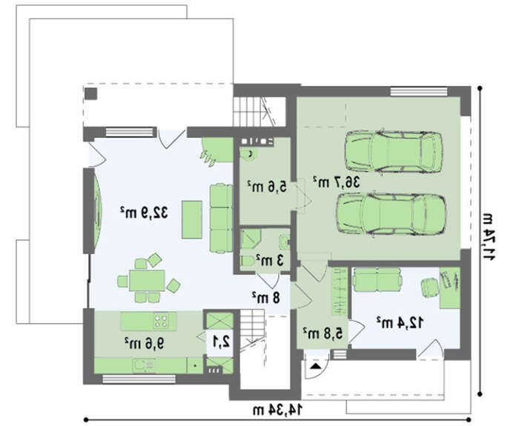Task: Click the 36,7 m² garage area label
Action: pos(337,182)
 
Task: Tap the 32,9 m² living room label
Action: pos(144,213)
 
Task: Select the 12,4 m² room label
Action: pos(400,322)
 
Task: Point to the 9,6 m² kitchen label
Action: pos(144,343)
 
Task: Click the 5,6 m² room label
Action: pos(267,187)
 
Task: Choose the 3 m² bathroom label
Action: pos(270,261)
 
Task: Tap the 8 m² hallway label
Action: pos(265,298)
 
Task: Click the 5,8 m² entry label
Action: pos(323,333)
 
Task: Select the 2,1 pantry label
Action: pos(221,342)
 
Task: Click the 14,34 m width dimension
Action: pos(277,410)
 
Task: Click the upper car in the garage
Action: pos(394,152)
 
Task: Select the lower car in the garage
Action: pos(391,214)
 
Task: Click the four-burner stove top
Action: pos(161,320)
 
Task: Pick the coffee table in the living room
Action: pos(192,219)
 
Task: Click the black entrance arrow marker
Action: pos(316,366)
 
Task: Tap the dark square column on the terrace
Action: pos(90,93)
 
